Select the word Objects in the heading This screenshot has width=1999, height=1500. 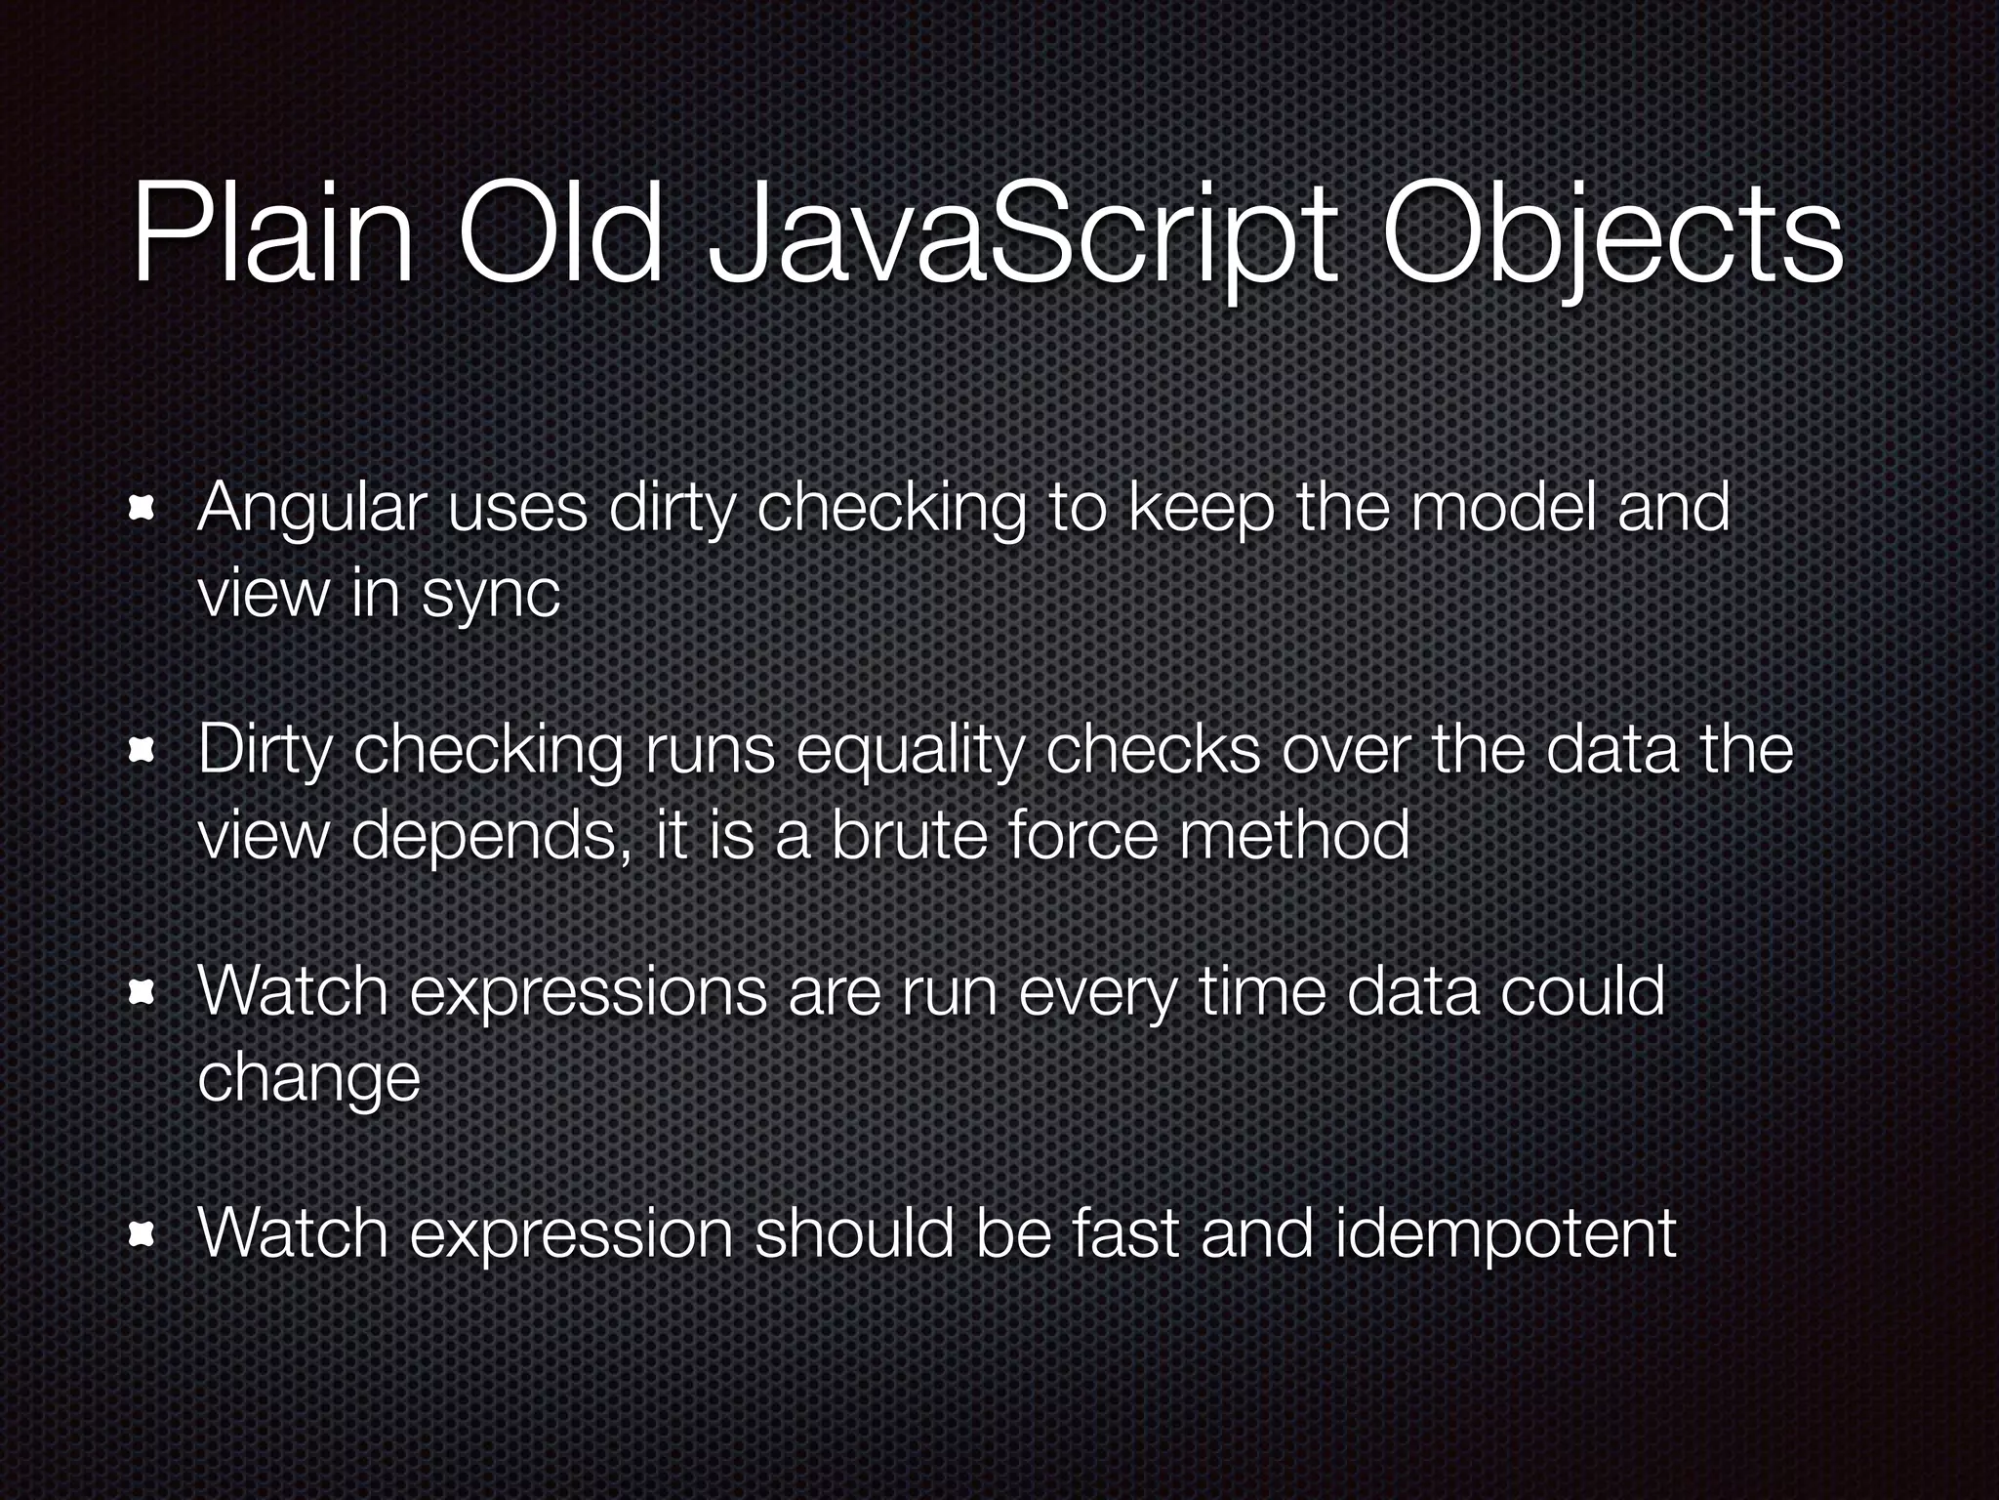pyautogui.click(x=1611, y=239)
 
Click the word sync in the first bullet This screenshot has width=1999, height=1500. pyautogui.click(x=491, y=595)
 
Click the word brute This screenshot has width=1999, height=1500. pyautogui.click(x=908, y=836)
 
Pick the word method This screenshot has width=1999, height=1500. pyautogui.click(x=1293, y=836)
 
